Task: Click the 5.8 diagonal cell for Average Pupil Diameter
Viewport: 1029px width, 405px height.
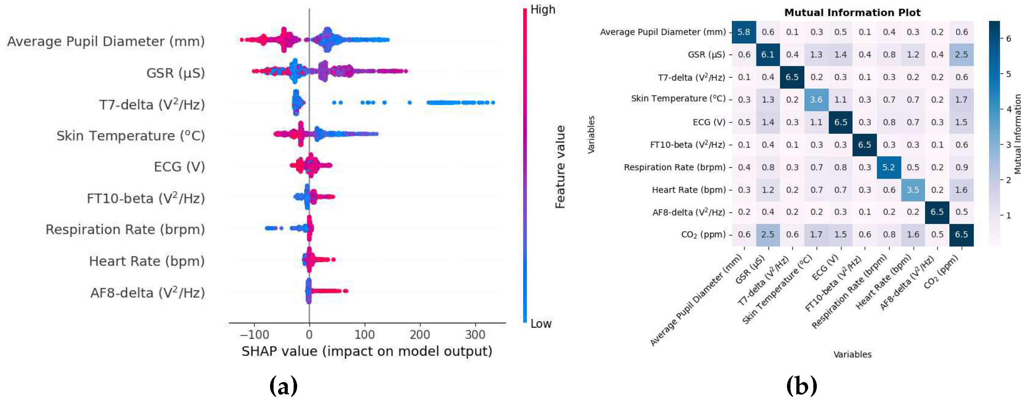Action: [x=743, y=32]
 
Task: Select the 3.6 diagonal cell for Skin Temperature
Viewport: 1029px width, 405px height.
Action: [x=816, y=100]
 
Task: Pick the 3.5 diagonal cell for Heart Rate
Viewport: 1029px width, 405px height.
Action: [x=913, y=190]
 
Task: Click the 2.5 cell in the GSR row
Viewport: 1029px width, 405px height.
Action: [x=961, y=55]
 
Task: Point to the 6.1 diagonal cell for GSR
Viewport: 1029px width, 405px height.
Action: [x=767, y=55]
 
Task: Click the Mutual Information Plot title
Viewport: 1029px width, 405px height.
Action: [x=852, y=12]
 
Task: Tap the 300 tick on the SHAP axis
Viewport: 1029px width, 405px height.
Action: [x=475, y=334]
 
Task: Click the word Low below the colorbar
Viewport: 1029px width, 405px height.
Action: [x=541, y=324]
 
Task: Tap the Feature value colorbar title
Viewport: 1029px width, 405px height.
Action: [x=560, y=166]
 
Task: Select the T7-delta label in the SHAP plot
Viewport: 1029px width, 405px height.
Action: [x=152, y=105]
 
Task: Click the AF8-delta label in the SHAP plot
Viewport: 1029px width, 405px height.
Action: [x=147, y=293]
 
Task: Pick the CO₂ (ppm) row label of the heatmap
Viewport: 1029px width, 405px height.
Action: [x=703, y=234]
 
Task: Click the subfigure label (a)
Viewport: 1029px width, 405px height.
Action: [x=283, y=386]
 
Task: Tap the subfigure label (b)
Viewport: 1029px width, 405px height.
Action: [x=801, y=386]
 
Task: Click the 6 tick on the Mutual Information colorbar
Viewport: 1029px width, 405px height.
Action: [x=1008, y=38]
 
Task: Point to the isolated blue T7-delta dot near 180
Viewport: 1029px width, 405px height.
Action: [x=409, y=103]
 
